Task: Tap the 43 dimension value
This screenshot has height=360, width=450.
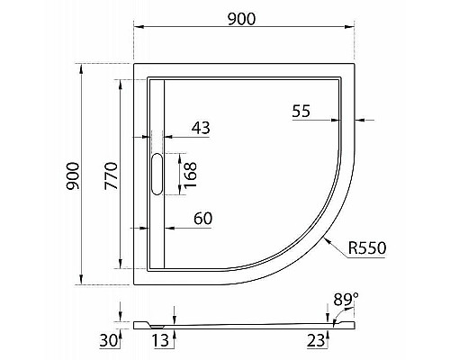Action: [201, 129]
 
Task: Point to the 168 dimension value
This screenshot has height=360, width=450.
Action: [191, 172]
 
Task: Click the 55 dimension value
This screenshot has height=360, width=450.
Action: [301, 111]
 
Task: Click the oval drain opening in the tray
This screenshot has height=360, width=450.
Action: [157, 175]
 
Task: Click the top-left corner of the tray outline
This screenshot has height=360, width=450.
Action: [134, 64]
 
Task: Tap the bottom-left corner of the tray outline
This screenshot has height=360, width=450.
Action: [134, 279]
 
